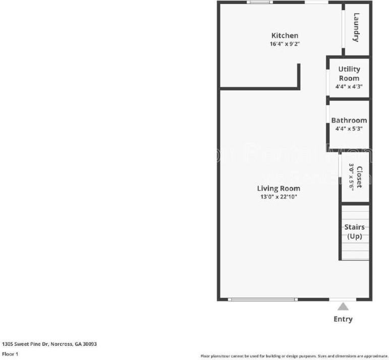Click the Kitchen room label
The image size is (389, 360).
click(x=285, y=35)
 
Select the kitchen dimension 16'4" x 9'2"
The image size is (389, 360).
click(x=285, y=44)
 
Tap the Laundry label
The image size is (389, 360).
click(x=356, y=27)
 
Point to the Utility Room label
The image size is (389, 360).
click(x=349, y=74)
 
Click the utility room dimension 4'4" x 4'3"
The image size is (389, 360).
click(x=349, y=86)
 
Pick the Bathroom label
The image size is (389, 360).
click(x=349, y=120)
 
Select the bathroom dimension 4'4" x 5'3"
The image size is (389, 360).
click(x=349, y=129)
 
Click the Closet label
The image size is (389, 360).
click(x=359, y=177)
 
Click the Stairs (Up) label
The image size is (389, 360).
click(x=354, y=232)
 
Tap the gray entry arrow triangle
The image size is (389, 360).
click(x=343, y=306)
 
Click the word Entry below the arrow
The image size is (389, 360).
click(x=343, y=319)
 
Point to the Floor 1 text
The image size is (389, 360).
click(x=10, y=354)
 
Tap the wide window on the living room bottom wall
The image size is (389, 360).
click(x=262, y=299)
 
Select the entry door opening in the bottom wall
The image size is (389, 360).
click(x=343, y=299)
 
